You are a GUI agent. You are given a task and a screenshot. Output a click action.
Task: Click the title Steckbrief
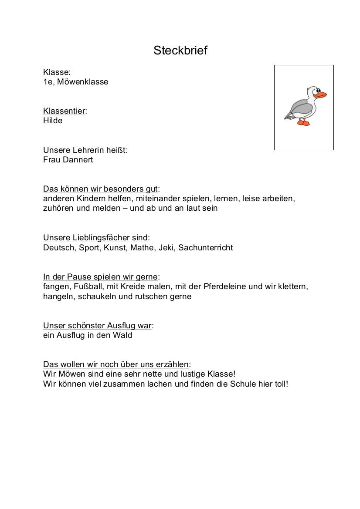pos(180,51)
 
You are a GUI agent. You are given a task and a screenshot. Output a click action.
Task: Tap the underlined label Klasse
pos(56,72)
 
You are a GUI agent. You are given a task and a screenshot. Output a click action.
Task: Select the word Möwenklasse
pos(83,82)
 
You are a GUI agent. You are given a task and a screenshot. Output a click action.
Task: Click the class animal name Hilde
pos(53,121)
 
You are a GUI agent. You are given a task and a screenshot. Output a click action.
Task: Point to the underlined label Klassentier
pos(64,111)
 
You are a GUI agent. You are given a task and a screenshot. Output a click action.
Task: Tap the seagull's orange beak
pos(321,95)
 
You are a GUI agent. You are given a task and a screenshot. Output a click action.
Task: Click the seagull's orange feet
pos(303,123)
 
